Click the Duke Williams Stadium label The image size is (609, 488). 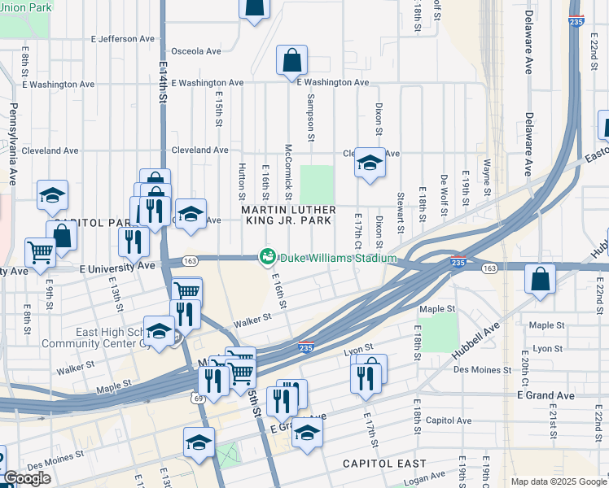pos(338,259)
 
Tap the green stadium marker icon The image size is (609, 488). pos(266,257)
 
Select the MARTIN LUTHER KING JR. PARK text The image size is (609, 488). pos(287,215)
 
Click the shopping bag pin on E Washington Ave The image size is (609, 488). pos(291,61)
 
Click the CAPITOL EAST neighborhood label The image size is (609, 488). pos(383,464)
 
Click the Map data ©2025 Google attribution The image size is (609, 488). pos(559,481)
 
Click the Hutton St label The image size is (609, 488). pos(242,180)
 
